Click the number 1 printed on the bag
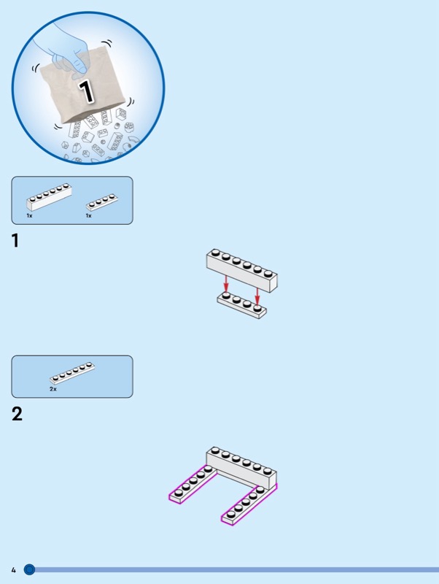tap(86, 91)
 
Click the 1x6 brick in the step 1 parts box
tap(49, 196)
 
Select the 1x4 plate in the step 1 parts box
tap(102, 202)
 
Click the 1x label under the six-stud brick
tap(29, 215)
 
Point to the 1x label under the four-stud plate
tap(88, 215)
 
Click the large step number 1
tap(15, 241)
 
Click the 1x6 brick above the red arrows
tap(242, 270)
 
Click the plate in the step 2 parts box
tap(72, 373)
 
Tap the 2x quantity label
tap(53, 389)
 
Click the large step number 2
tap(17, 414)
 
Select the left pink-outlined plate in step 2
tap(193, 485)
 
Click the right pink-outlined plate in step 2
tap(249, 504)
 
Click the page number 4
tap(14, 570)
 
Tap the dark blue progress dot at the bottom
tap(29, 569)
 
